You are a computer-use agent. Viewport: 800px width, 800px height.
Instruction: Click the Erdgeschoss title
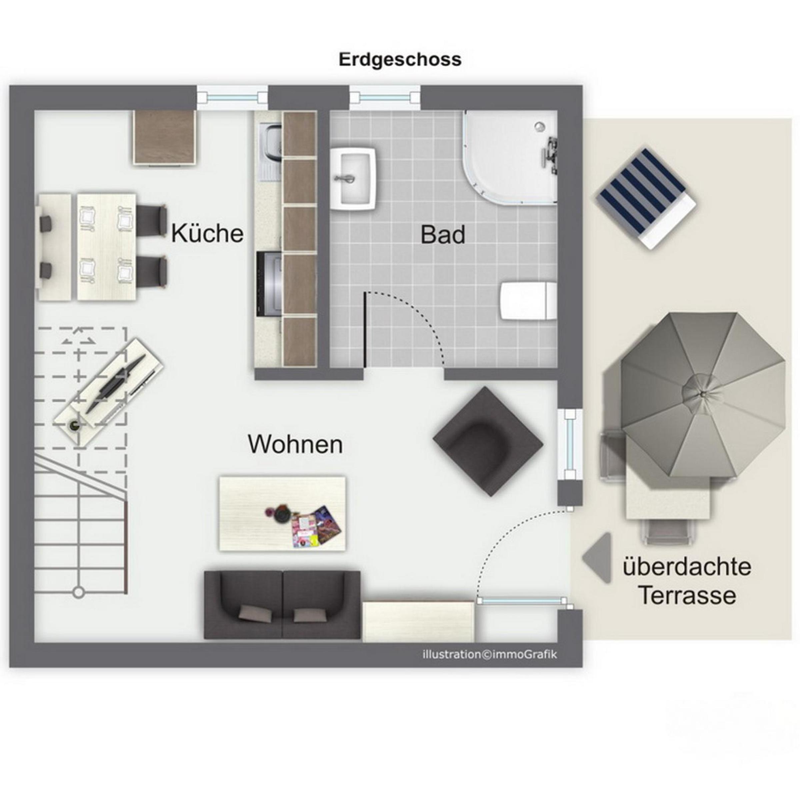[x=400, y=60]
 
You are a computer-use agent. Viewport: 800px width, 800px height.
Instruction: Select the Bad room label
[x=443, y=234]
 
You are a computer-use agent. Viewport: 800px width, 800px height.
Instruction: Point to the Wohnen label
[x=295, y=444]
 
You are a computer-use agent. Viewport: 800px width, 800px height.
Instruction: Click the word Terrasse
[x=688, y=595]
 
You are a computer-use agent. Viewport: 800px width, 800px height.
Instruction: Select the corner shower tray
[x=510, y=157]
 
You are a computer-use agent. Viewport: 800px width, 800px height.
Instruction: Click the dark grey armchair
[x=488, y=442]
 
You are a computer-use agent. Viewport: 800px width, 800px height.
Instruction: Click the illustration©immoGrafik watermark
[x=490, y=655]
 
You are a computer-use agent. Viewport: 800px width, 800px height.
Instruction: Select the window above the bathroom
[x=385, y=98]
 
